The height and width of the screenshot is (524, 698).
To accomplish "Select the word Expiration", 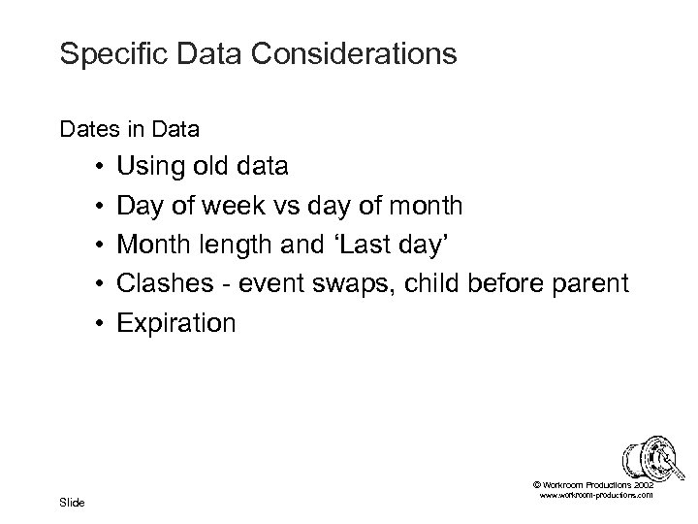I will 175,322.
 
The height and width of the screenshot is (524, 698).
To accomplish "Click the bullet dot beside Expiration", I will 101,323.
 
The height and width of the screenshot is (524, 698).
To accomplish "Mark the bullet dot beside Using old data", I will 101,168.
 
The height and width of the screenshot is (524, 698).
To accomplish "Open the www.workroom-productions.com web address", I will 592,495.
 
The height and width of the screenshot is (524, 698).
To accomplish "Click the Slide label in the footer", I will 72,502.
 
